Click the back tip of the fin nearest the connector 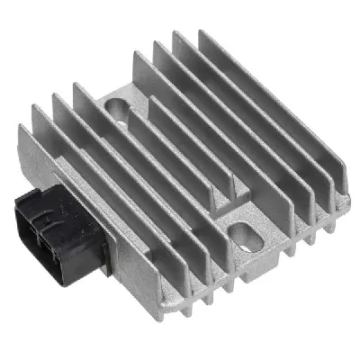tap(36, 108)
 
